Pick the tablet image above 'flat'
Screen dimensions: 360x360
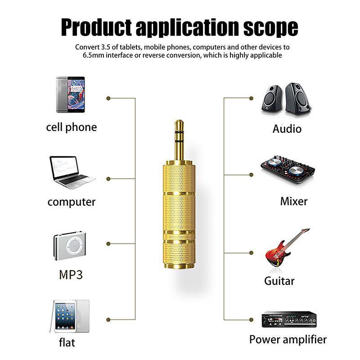72,316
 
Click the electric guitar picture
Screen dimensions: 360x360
284,250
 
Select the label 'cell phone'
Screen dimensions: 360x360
72,127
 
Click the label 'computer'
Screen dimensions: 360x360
72,202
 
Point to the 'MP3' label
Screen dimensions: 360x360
71,274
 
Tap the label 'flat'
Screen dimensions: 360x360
67,342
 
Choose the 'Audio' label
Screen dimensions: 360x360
287,129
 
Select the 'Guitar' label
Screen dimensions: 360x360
279,281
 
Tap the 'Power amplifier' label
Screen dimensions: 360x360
288,339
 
